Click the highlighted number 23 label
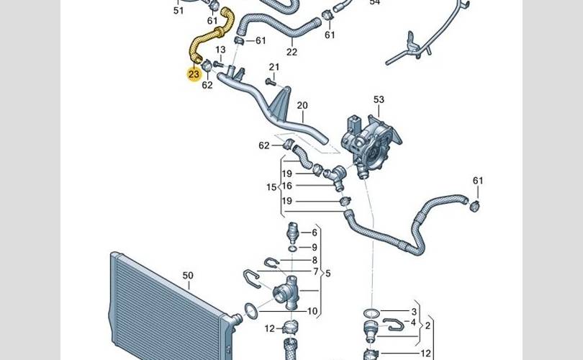coord(194,74)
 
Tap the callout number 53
coord(379,99)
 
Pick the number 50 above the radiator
coord(188,276)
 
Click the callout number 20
coord(302,106)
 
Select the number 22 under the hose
coord(292,52)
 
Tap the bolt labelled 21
coord(270,81)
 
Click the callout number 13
coord(220,50)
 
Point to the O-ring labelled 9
coord(292,248)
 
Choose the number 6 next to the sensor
coord(315,233)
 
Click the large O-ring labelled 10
coord(251,311)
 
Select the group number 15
coord(271,187)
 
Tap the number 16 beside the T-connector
coord(286,186)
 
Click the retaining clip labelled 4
coord(394,325)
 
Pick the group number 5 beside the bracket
coord(327,274)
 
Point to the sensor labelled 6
coord(293,233)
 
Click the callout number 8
coord(315,261)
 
